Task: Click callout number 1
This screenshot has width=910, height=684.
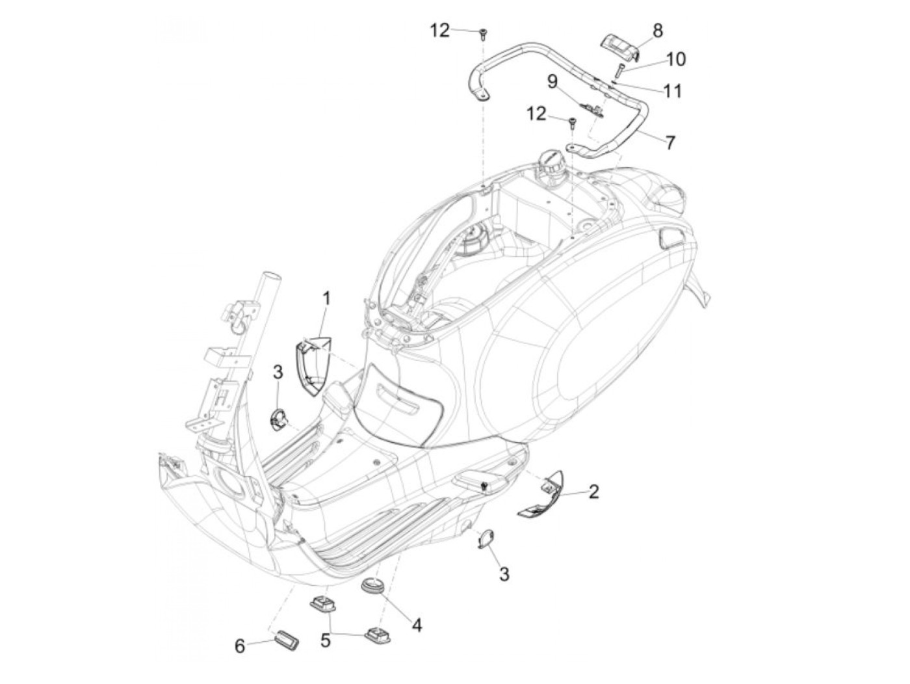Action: coord(326,299)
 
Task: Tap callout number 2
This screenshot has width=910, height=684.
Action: coord(593,492)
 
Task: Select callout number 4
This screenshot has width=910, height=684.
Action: coord(417,625)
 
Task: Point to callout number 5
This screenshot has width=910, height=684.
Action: coord(325,640)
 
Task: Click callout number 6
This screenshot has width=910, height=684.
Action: coord(240,646)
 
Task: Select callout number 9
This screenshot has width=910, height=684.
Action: coord(552,81)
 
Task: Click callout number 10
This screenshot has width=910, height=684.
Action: coord(675,59)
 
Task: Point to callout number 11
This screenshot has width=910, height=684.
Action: coord(673,90)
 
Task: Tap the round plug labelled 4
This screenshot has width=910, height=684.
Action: coord(374,584)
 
